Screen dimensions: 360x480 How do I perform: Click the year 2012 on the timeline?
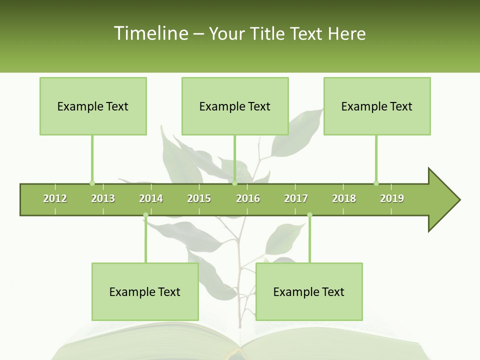coord(55,198)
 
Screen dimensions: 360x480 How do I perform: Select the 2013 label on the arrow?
coord(103,198)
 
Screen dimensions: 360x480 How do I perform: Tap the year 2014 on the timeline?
coord(151,198)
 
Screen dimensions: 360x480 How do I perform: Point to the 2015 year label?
coord(199,198)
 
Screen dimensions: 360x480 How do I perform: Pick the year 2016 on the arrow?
coord(248,198)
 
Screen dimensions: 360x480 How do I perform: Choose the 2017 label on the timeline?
coord(296,198)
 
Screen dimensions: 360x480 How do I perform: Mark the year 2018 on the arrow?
coord(344,198)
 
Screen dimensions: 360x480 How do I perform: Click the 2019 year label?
coord(392,198)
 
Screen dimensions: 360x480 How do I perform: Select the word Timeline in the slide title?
coord(150,33)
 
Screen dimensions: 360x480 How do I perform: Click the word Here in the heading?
coord(346,33)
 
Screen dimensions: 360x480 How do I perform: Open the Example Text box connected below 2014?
coord(145,292)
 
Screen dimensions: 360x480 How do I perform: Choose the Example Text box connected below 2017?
coord(309,292)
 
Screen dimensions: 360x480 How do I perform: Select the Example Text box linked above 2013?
coord(93,106)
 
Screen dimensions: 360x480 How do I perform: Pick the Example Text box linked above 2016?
coord(235,106)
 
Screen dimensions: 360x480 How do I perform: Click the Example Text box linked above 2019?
coord(377,106)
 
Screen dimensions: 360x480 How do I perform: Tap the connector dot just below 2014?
coord(145,215)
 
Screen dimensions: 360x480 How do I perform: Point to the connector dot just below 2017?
coord(309,215)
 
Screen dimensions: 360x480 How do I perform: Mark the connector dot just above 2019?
coord(376,182)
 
